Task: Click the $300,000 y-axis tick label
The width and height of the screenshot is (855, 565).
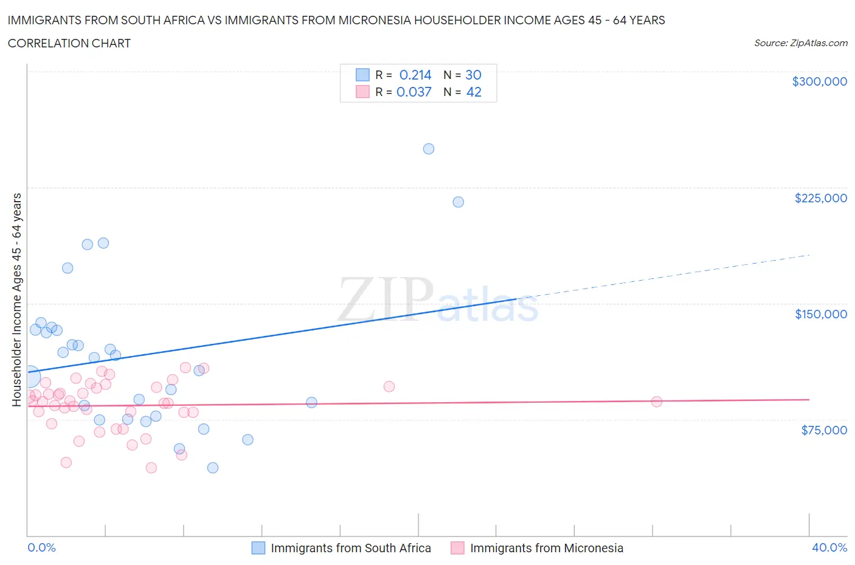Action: pos(819,81)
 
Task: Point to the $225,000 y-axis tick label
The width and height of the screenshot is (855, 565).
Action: pos(820,198)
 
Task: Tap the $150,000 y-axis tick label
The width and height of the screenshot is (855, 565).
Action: pos(820,314)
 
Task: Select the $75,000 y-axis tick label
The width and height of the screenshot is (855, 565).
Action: pos(823,430)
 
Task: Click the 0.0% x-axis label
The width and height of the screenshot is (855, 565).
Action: pos(41,547)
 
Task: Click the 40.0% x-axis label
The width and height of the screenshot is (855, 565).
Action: pos(829,547)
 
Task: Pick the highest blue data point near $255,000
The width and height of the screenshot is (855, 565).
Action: pos(429,149)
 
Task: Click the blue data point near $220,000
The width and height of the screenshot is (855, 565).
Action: pos(459,202)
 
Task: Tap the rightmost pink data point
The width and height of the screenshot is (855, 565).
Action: pos(657,402)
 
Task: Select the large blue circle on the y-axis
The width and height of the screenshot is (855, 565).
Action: pos(29,377)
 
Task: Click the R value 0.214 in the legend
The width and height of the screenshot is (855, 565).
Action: pos(415,75)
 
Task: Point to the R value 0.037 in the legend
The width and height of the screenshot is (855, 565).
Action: pos(414,92)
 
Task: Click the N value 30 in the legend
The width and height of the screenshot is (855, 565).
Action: pos(473,75)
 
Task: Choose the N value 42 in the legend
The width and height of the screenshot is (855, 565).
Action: pos(473,92)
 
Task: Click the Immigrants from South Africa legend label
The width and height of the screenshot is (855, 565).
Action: pos(350,548)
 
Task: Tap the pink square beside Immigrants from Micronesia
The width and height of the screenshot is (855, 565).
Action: pos(457,548)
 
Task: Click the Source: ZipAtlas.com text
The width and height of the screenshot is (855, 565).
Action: pos(800,43)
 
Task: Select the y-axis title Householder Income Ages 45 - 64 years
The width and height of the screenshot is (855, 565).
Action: pos(16,300)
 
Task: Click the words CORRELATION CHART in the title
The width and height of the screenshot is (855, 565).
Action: pos(69,43)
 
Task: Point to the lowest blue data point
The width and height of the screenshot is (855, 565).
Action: pos(213,468)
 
